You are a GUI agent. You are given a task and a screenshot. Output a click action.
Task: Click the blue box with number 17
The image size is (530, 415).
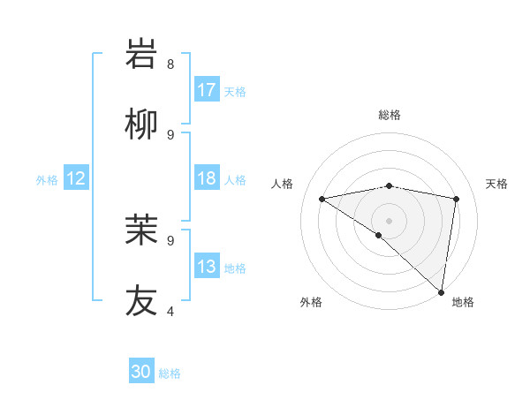207,90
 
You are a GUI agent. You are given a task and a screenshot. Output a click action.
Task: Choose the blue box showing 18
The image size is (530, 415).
207,178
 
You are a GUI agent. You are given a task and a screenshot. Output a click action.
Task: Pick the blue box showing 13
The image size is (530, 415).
207,267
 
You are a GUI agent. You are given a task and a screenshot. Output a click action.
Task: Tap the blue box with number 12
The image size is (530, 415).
75,178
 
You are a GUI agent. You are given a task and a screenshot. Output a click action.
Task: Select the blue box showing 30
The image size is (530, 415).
141,372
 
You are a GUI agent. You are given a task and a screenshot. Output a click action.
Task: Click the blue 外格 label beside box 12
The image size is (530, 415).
47,179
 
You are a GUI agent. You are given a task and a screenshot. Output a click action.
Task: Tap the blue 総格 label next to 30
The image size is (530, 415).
170,373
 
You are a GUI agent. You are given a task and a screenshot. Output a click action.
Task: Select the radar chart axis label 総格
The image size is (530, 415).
390,115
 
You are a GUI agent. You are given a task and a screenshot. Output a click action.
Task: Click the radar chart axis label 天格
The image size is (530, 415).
496,184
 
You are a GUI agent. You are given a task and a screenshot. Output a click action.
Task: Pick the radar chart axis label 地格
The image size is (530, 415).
463,302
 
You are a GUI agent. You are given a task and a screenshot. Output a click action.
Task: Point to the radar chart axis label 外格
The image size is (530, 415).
311,302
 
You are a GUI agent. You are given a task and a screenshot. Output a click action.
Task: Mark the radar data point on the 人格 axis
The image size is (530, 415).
322,199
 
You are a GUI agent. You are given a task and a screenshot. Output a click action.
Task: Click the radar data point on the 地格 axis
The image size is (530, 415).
441,291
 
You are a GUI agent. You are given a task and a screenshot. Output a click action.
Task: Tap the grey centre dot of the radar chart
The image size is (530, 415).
389,219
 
